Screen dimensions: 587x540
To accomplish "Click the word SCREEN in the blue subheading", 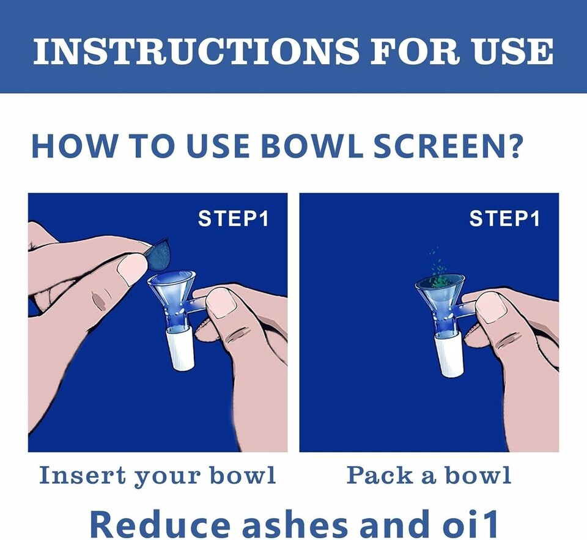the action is click(446, 145).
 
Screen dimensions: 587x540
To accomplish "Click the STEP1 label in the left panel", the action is click(234, 219).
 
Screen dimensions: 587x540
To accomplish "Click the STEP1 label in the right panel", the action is click(504, 219).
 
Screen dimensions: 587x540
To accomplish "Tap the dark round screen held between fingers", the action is click(158, 255).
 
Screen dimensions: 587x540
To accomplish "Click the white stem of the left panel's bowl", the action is click(180, 347).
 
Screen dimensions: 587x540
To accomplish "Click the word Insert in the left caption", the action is click(83, 475).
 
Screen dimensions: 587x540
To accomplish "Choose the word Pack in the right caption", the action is click(379, 475).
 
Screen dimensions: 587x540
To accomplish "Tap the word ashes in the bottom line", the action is click(295, 524).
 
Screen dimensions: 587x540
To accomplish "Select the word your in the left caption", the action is click(168, 478).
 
